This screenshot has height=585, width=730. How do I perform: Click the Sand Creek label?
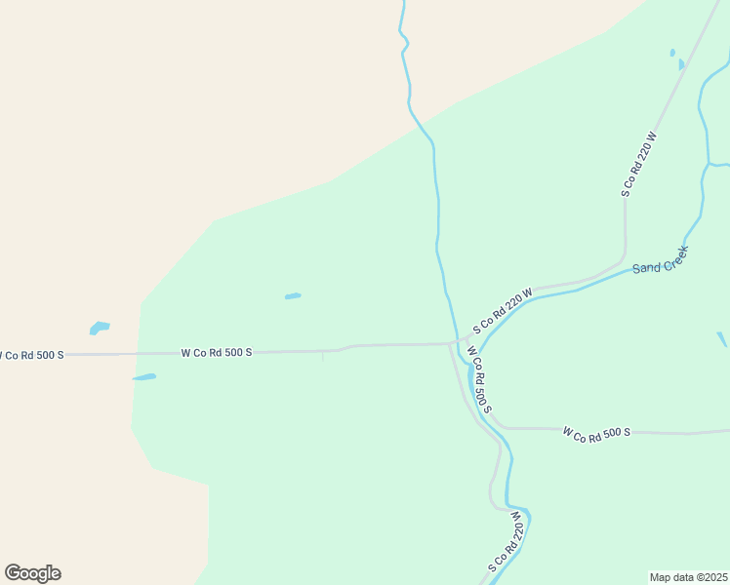[661, 259]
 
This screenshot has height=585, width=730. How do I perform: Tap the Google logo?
[33, 573]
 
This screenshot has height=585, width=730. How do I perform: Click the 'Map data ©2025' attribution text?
[689, 577]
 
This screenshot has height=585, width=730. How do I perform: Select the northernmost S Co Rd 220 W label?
[640, 164]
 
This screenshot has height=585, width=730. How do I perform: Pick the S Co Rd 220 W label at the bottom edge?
[507, 547]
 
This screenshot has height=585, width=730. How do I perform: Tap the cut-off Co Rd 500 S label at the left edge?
[31, 355]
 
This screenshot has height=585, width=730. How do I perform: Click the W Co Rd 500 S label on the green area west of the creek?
[217, 352]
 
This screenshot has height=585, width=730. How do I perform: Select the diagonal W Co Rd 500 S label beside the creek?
[478, 379]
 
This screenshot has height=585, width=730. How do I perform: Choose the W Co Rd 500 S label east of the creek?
[597, 431]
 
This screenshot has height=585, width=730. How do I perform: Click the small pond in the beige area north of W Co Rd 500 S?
[100, 328]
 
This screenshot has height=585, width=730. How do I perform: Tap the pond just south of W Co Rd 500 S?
[144, 377]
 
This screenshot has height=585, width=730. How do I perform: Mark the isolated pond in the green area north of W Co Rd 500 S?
[293, 296]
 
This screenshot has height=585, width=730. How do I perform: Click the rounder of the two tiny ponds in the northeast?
[672, 53]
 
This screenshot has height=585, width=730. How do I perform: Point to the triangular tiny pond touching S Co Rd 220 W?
[681, 64]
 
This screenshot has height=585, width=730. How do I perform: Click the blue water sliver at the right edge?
[722, 338]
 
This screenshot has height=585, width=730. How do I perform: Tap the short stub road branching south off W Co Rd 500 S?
[323, 356]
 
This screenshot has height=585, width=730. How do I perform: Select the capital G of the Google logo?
[14, 572]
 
